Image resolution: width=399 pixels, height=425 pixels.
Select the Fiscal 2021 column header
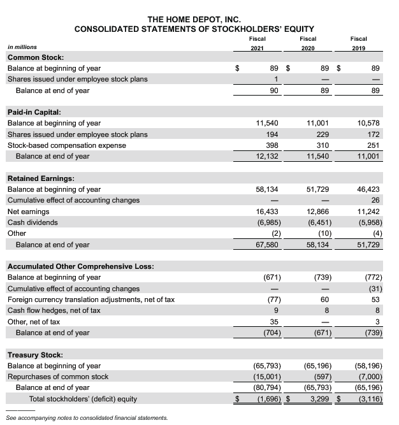258,43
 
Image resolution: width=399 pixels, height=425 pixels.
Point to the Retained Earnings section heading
41,178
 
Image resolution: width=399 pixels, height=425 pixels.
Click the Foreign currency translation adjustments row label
91,299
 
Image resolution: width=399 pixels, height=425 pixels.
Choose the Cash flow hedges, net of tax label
54,310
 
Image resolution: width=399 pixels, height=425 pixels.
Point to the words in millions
22,47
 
